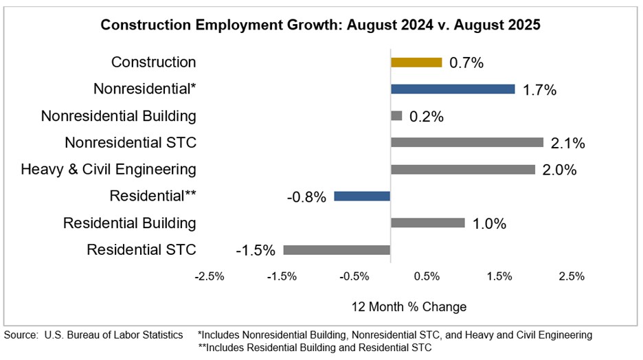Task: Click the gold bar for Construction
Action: (x=416, y=62)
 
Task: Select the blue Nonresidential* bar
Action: (x=453, y=89)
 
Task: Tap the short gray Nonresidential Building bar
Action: (x=396, y=115)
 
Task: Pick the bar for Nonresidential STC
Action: (x=467, y=142)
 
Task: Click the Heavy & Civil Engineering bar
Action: (x=463, y=169)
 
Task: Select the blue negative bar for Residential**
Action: (x=362, y=196)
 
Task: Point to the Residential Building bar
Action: (x=427, y=223)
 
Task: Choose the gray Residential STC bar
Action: (x=337, y=249)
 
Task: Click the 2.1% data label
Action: (x=567, y=143)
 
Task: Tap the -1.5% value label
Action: (x=256, y=250)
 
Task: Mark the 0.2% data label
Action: (x=426, y=116)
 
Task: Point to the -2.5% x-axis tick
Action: (x=210, y=276)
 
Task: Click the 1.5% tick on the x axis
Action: (x=499, y=276)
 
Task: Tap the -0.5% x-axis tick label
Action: (x=354, y=276)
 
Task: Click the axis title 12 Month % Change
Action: (x=409, y=306)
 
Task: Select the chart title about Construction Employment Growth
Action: (x=321, y=25)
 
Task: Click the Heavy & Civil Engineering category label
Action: (x=109, y=169)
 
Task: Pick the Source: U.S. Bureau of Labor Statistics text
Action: (x=93, y=335)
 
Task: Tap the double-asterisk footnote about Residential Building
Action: (x=315, y=348)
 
